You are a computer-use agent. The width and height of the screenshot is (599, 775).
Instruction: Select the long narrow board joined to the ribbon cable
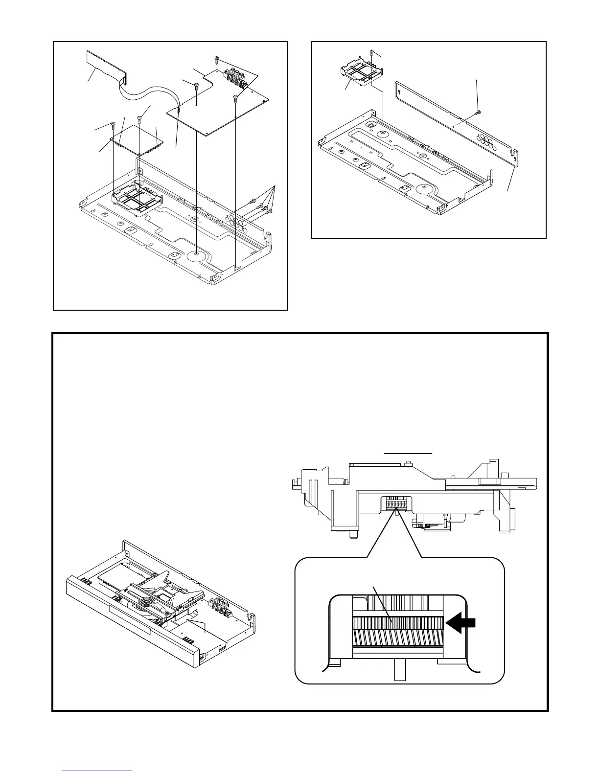tap(105, 66)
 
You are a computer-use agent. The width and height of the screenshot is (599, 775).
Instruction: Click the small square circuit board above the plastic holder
tap(138, 139)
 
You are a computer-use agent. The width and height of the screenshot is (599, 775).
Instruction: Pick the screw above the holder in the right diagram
tap(372, 53)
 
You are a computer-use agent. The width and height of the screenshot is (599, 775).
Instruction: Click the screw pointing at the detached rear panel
tap(478, 113)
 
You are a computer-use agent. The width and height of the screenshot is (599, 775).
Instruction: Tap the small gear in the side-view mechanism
tap(396, 502)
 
